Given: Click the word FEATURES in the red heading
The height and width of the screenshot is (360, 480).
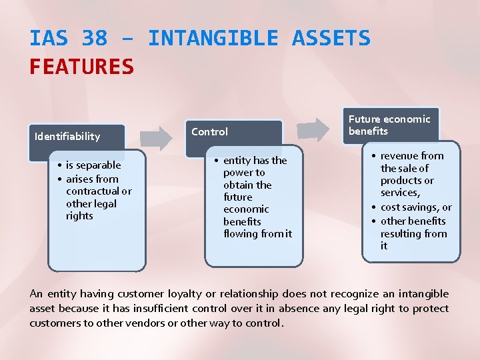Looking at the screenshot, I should [81, 67].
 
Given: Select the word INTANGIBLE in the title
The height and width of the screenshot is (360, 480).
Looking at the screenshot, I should [213, 38].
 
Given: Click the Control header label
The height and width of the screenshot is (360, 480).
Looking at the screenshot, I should [209, 132].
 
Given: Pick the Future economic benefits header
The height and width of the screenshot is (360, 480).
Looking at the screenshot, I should [389, 125].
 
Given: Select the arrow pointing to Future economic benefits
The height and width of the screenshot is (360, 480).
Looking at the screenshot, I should [313, 130].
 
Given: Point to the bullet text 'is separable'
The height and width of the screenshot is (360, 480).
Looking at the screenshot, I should [93, 165].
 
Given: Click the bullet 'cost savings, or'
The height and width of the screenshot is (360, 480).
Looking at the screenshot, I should [416, 207].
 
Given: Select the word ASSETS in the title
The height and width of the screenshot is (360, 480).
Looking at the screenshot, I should [331, 38].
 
